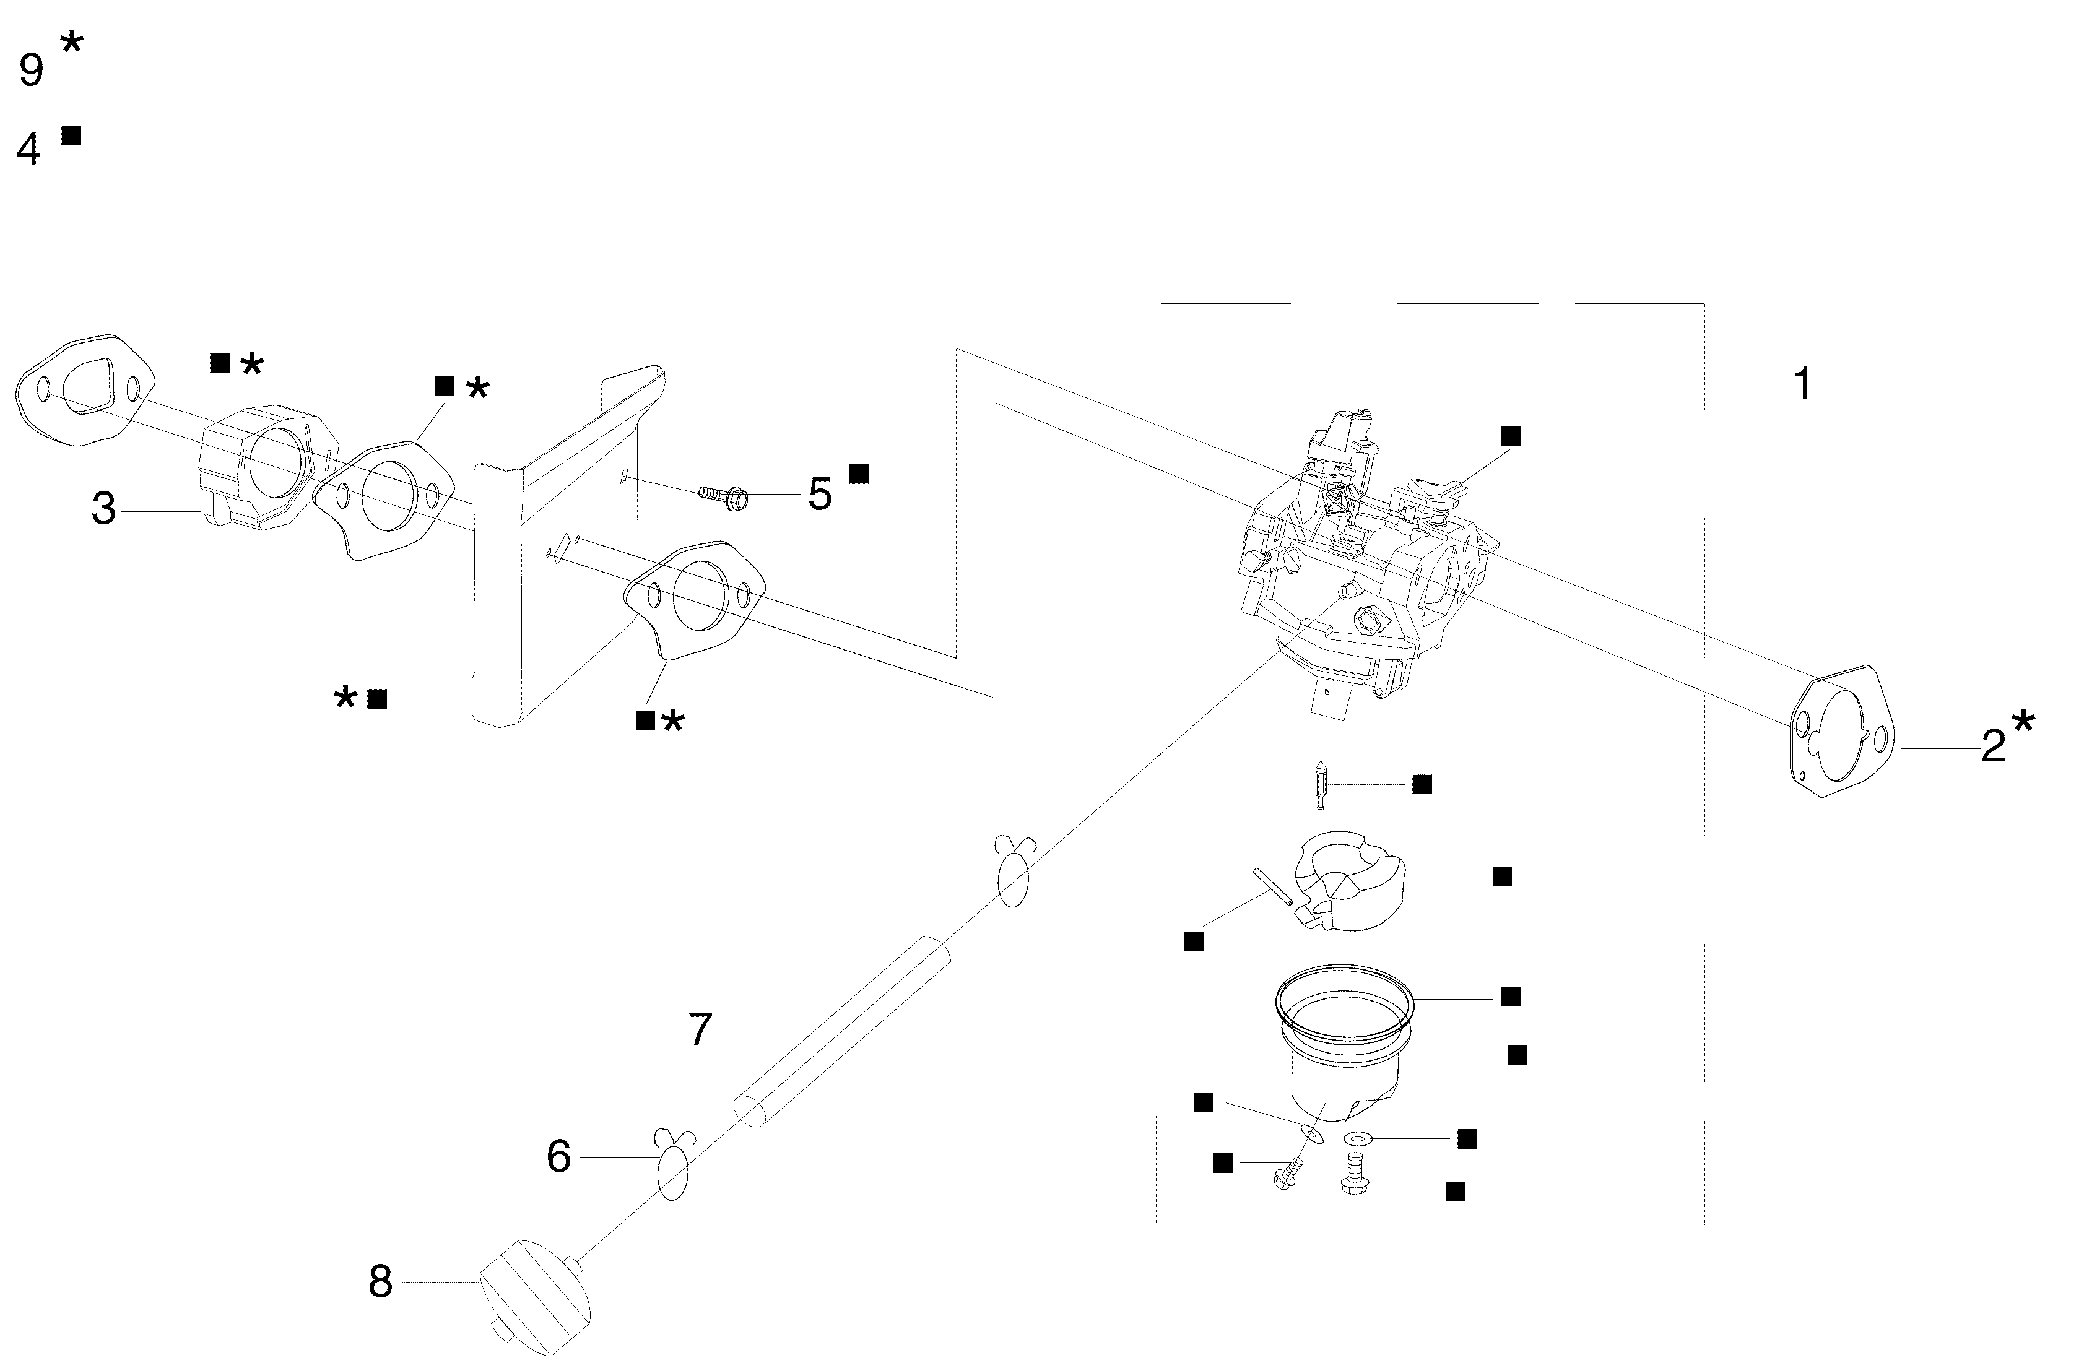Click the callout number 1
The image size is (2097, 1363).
click(1803, 385)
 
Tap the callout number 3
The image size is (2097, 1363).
click(104, 509)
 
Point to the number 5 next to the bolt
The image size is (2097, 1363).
click(819, 495)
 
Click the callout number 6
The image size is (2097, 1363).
click(558, 1157)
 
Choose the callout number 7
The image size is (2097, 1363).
click(700, 1029)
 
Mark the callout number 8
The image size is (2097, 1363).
click(380, 1282)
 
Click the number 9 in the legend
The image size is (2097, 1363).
click(31, 71)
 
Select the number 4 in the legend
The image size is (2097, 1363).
click(29, 150)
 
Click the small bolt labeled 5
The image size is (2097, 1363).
click(724, 497)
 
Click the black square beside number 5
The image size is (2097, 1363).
click(859, 474)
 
